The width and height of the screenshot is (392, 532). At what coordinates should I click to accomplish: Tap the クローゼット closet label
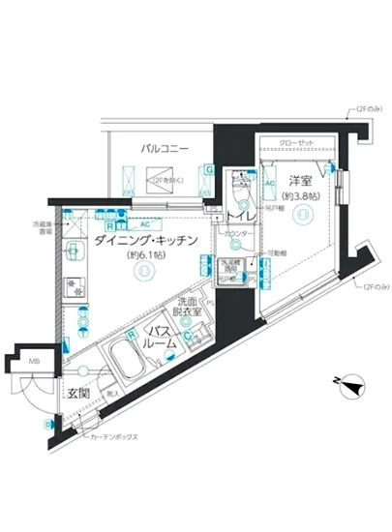click(x=296, y=144)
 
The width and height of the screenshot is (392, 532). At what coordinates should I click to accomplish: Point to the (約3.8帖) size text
click(x=302, y=192)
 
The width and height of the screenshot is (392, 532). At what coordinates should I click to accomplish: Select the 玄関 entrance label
click(x=78, y=393)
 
